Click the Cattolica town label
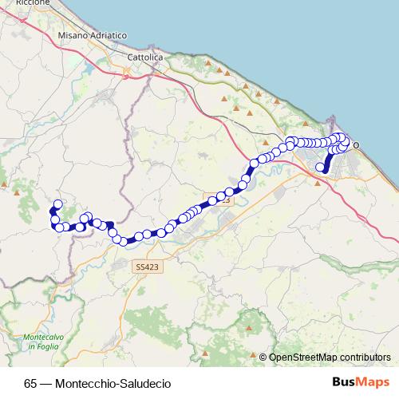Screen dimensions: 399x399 tap(146, 59)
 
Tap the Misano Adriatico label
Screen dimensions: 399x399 tap(93, 37)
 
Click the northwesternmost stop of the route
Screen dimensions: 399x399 tap(57, 204)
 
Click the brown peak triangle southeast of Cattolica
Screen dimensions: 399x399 tap(208, 63)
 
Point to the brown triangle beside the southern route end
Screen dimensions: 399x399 tap(318, 183)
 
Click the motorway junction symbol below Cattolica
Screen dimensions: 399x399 tap(126, 72)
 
